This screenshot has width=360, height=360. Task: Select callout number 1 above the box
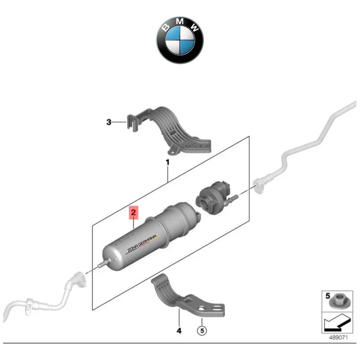(167, 162)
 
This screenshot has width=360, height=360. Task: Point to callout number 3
(108, 122)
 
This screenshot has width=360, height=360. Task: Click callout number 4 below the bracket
(179, 331)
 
